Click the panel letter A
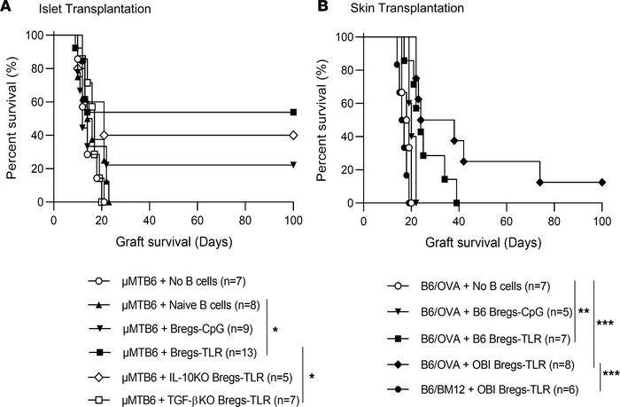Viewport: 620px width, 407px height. (x=8, y=9)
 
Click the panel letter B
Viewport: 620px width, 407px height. (x=319, y=9)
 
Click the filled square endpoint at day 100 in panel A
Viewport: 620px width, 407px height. (x=292, y=113)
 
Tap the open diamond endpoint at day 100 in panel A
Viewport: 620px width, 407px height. (x=292, y=136)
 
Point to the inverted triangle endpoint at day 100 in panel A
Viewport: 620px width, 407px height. (x=292, y=165)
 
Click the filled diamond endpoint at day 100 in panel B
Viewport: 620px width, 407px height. (x=601, y=182)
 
